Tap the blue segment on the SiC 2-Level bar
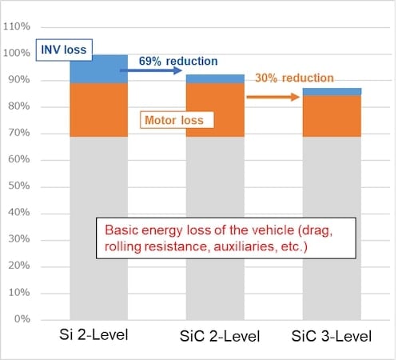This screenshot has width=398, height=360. tap(215, 78)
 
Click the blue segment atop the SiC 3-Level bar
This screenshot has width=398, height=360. tap(332, 92)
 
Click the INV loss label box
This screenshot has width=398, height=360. tap(65, 49)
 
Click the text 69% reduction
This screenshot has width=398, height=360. tap(178, 60)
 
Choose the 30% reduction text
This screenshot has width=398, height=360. tap(294, 78)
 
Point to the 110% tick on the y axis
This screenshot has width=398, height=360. tap(16, 27)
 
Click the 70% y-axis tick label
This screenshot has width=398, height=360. tap(18, 134)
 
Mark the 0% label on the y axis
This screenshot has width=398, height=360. tap(22, 319)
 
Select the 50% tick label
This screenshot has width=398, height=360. tap(18, 186)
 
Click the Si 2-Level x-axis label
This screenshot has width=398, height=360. tap(98, 334)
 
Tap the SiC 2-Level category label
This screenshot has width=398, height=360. tap(215, 334)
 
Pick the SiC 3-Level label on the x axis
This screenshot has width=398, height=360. tap(332, 334)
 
